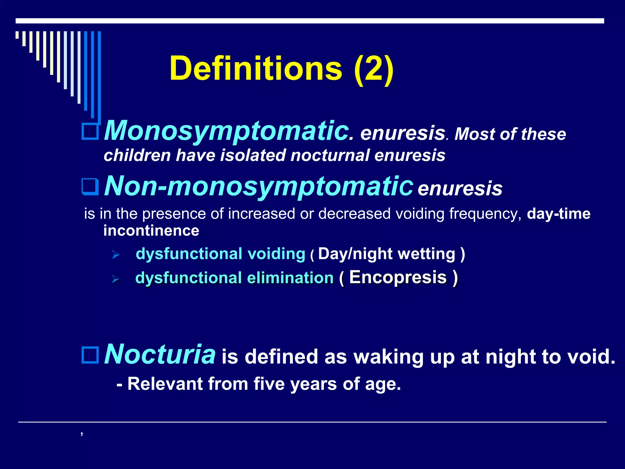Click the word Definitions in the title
pyautogui.click(x=256, y=68)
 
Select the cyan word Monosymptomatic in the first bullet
pyautogui.click(x=226, y=131)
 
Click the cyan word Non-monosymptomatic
pyautogui.click(x=259, y=186)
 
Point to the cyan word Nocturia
pyautogui.click(x=160, y=354)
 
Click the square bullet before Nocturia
pyautogui.click(x=90, y=355)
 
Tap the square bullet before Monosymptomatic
pyautogui.click(x=90, y=132)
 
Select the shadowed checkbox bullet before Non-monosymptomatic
pyautogui.click(x=90, y=187)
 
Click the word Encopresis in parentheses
pyautogui.click(x=398, y=277)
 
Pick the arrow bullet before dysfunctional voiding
pyautogui.click(x=116, y=254)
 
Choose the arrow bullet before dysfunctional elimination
pyautogui.click(x=115, y=279)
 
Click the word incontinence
pyautogui.click(x=151, y=231)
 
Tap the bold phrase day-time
pyautogui.click(x=558, y=214)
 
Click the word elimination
pyautogui.click(x=290, y=278)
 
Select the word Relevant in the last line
pyautogui.click(x=165, y=384)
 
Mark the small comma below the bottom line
pyautogui.click(x=82, y=433)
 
